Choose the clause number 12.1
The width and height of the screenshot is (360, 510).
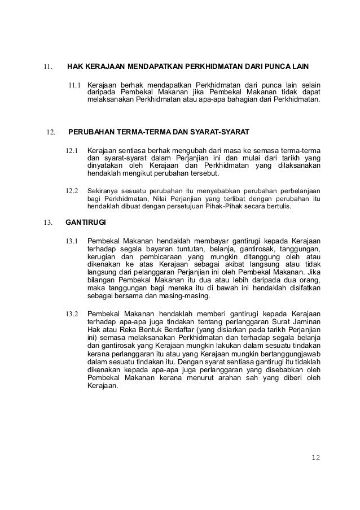(72, 151)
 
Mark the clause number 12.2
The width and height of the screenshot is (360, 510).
(72, 190)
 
